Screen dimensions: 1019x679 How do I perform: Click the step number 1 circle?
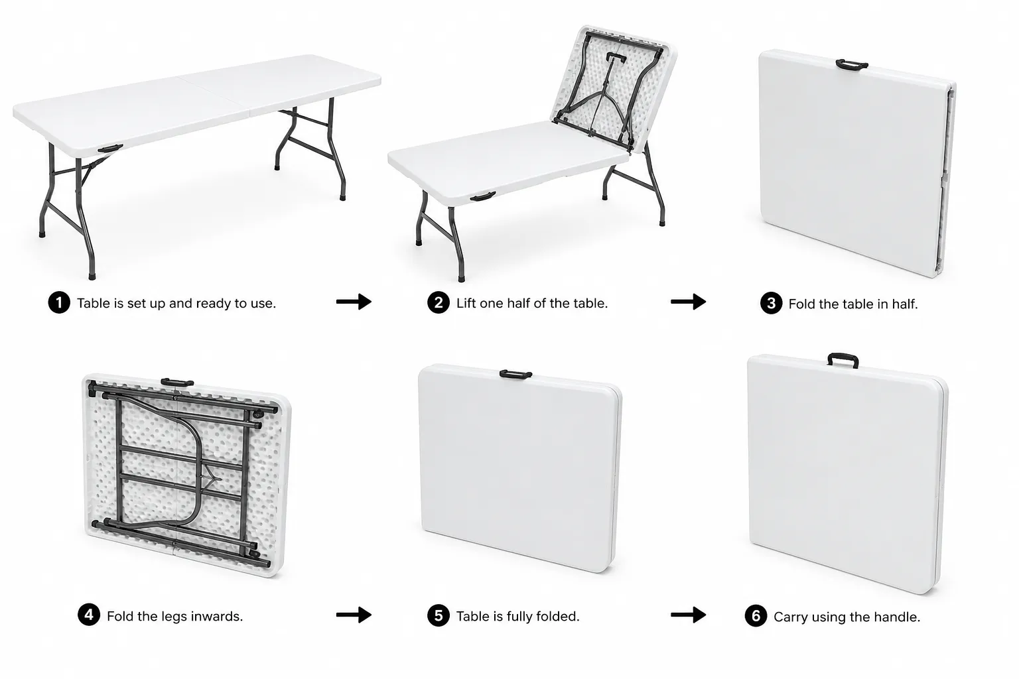(59, 302)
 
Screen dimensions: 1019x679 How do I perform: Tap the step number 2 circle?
(439, 302)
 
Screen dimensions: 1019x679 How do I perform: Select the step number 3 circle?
(771, 303)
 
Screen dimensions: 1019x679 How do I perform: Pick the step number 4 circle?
(89, 615)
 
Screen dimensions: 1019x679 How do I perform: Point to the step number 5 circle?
(439, 615)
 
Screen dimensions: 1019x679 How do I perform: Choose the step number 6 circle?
(756, 616)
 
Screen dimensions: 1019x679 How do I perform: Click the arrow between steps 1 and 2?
(354, 302)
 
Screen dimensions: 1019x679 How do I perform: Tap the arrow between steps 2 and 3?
(688, 302)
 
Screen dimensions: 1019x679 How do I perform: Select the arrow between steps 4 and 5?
(354, 615)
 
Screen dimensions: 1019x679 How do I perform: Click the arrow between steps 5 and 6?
(688, 615)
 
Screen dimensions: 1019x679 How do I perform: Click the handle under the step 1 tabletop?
(110, 149)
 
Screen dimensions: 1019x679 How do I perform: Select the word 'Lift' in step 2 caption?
(466, 303)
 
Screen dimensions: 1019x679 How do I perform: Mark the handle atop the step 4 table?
(177, 383)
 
